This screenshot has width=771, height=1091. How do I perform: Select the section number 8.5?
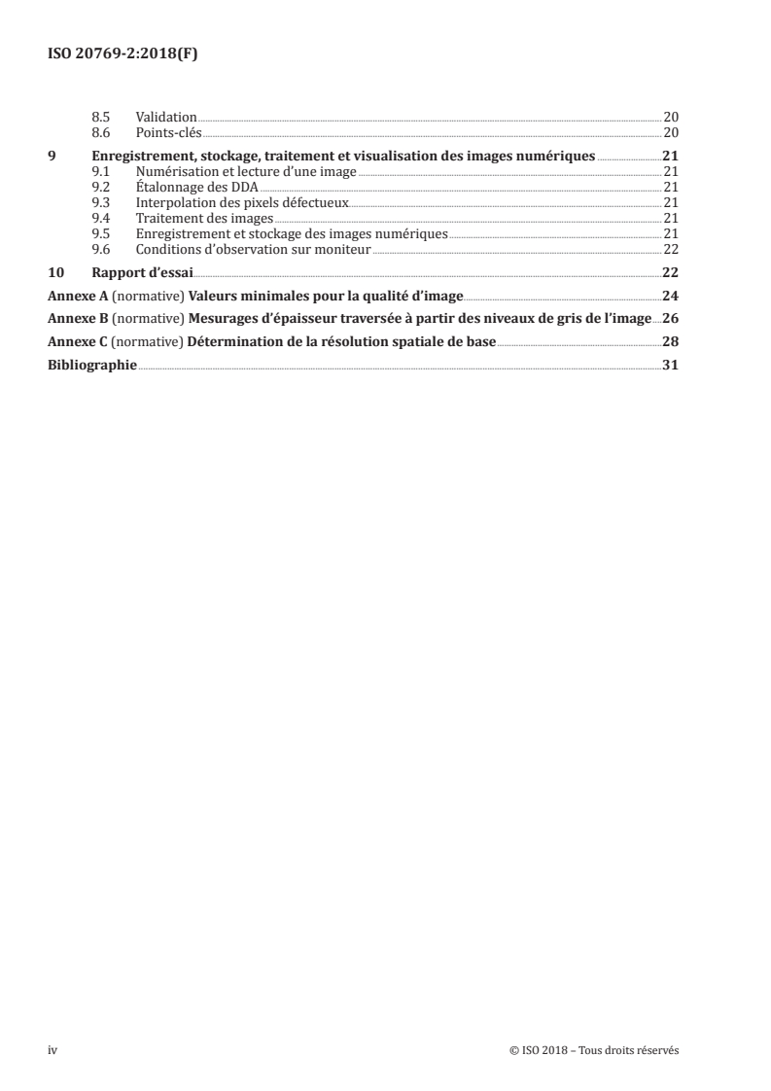100,117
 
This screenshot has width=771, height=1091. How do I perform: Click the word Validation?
166,117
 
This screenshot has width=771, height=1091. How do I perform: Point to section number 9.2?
100,187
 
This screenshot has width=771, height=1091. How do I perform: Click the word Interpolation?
174,202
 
